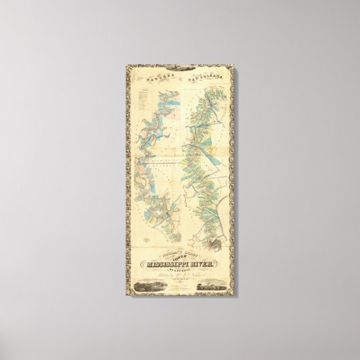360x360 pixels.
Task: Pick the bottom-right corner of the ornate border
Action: click(230, 294)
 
